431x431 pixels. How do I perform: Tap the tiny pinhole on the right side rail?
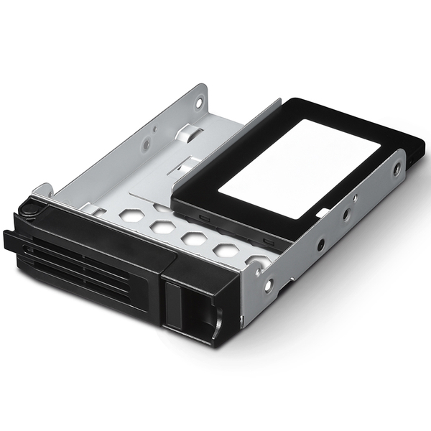click(x=354, y=199)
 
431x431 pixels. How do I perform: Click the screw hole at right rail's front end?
click(x=268, y=285)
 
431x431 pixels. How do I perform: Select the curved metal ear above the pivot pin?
click(x=41, y=190)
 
